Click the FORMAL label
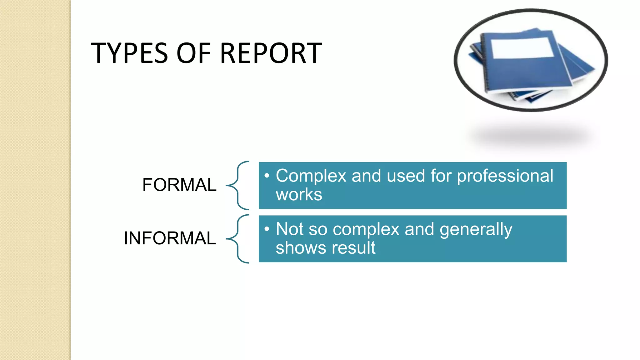point(179,185)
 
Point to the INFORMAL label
point(170,238)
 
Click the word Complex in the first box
point(311,176)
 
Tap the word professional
point(505,176)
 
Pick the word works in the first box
point(299,195)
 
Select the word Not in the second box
point(289,229)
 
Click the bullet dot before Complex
point(267,176)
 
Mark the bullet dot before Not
point(267,229)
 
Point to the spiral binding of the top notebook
point(484,62)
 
